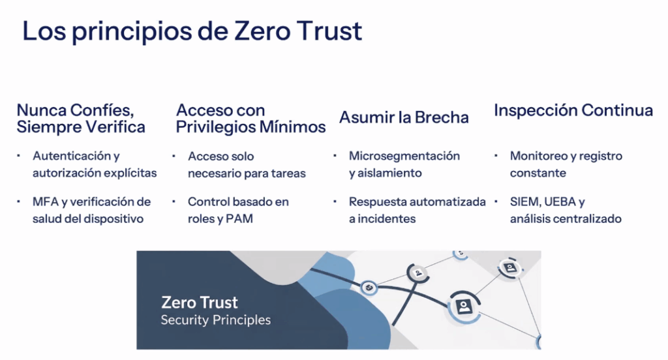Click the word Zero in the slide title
pyautogui.click(x=262, y=31)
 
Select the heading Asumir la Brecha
pyautogui.click(x=404, y=117)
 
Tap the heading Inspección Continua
pyautogui.click(x=573, y=111)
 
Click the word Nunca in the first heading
pyautogui.click(x=41, y=110)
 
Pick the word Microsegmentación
pyautogui.click(x=404, y=156)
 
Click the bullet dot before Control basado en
pyautogui.click(x=174, y=201)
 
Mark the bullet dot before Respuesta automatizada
pyautogui.click(x=335, y=201)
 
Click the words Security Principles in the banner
pyautogui.click(x=215, y=320)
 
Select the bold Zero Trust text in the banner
pyautogui.click(x=200, y=303)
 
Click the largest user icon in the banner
pyautogui.click(x=464, y=306)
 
